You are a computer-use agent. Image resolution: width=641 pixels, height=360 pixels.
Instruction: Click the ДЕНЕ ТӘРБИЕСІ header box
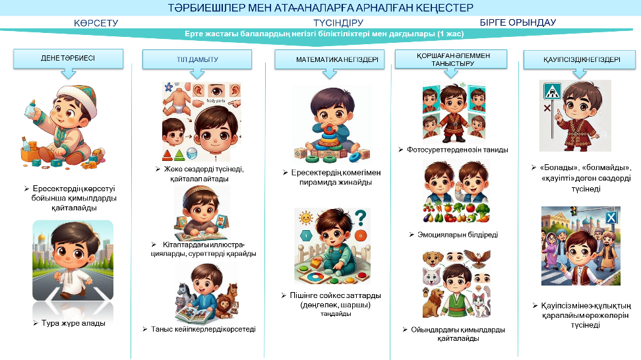coord(69,59)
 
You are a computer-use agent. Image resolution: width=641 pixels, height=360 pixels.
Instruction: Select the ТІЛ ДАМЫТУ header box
coord(197,59)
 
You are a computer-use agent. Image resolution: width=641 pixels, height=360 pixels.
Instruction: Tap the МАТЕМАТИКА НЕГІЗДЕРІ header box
coord(330,59)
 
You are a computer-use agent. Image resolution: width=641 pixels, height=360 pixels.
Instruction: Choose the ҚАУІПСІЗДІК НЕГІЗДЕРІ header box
coord(580,59)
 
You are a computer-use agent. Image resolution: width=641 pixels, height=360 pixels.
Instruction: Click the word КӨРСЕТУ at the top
coord(96,23)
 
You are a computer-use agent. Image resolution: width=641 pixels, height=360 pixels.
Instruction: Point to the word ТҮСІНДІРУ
coord(338,23)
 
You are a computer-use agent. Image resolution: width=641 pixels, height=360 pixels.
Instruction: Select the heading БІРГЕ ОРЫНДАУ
coord(518,22)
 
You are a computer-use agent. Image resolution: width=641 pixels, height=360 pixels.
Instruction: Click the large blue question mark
coord(360,218)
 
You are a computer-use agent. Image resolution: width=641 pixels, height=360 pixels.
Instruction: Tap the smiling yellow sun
coord(305,218)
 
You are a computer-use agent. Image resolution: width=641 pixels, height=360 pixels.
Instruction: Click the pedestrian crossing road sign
coord(552,92)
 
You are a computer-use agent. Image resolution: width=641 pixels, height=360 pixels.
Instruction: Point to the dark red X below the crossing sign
coord(547,108)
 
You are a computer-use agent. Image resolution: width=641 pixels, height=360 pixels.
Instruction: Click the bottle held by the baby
coord(31,109)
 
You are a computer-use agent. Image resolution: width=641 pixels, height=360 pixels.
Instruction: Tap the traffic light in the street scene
coord(574,211)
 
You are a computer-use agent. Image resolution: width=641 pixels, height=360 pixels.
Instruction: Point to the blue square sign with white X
coord(611,218)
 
